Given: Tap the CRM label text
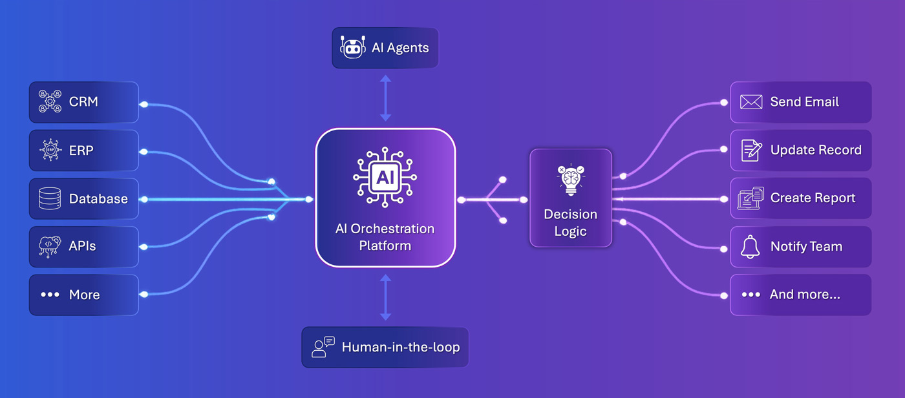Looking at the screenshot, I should [x=83, y=102].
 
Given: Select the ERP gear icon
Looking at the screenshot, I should [x=50, y=151].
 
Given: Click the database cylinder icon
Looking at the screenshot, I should [x=50, y=198].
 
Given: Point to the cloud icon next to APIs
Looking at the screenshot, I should [x=50, y=246].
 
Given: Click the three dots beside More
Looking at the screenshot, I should [x=50, y=295].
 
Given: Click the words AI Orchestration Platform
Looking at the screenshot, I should [x=385, y=237].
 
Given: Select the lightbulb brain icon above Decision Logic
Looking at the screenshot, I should [x=570, y=180].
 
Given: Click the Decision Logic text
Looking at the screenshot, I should [x=570, y=222].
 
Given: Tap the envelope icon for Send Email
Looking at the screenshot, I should [x=751, y=102].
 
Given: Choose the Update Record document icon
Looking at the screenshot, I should [x=751, y=151].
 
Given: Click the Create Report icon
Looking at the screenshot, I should [x=751, y=198].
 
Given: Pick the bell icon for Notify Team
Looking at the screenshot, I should [x=751, y=246].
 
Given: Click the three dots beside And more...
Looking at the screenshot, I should [x=751, y=295].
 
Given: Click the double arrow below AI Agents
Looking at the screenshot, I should [x=385, y=98].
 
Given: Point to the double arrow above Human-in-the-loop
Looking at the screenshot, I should [x=385, y=297].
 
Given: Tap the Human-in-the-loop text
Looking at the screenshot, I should [x=401, y=347].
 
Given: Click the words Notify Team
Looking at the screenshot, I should [x=806, y=247].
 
